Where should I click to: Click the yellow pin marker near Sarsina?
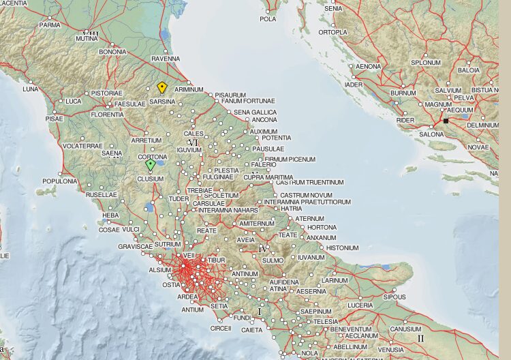click(162, 88)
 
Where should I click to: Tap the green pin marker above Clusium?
click(151, 165)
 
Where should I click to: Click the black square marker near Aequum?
click(446, 121)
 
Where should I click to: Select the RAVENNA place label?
click(165, 59)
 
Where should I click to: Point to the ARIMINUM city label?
click(189, 89)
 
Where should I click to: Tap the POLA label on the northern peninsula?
click(268, 19)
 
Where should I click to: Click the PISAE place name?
click(54, 119)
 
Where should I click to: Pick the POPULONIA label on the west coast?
click(60, 181)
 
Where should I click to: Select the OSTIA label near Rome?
click(171, 285)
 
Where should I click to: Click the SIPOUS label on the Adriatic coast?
click(394, 297)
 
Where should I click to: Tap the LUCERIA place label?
click(360, 305)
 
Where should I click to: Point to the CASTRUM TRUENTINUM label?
click(309, 183)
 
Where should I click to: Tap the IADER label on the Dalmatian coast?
click(354, 85)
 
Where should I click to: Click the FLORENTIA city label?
click(108, 115)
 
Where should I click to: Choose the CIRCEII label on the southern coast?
click(221, 328)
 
